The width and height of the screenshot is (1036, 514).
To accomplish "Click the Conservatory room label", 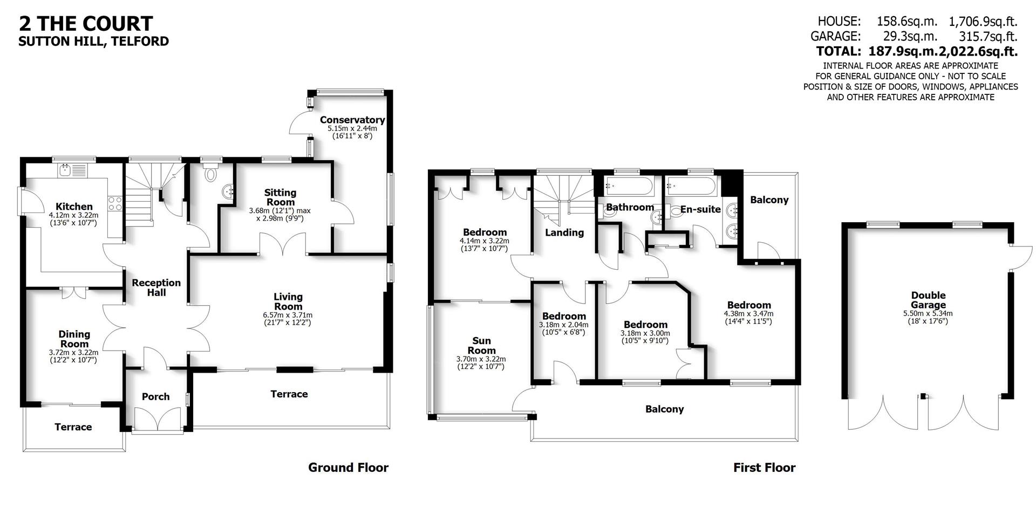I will [x=352, y=120].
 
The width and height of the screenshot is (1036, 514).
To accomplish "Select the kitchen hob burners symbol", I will [x=115, y=203].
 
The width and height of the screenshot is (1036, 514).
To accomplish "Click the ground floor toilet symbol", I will [x=211, y=174].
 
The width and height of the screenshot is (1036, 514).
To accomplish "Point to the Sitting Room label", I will [x=280, y=197].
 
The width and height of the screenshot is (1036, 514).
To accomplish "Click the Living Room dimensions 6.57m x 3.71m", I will [x=288, y=315].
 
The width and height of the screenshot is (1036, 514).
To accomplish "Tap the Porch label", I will [x=155, y=396].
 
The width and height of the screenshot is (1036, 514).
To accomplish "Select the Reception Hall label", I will [x=156, y=287].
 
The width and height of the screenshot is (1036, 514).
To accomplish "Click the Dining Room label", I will [x=74, y=339].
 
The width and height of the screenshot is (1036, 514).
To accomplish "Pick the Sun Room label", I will [x=481, y=345].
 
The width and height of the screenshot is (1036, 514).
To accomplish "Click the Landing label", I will [x=564, y=232].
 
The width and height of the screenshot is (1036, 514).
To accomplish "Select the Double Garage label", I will [x=928, y=300].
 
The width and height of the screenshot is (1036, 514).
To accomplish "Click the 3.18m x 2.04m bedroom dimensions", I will [x=563, y=325].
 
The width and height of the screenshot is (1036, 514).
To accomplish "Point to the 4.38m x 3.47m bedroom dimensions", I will [x=748, y=313].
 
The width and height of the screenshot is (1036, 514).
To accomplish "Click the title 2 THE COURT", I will [x=86, y=23].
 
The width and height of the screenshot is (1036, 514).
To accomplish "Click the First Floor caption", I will [x=764, y=467].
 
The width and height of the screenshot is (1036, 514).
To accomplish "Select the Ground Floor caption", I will [x=348, y=467].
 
